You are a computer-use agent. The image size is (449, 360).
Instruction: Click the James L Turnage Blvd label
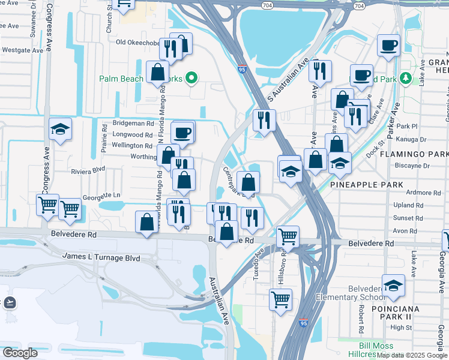point(101,257)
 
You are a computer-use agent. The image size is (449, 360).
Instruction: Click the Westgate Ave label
point(22,50)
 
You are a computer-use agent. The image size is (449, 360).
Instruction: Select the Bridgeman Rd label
point(133,122)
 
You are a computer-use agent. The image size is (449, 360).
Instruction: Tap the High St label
point(400,328)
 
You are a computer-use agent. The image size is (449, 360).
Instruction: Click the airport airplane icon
point(9,302)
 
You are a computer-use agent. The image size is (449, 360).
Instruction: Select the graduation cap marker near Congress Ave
point(60,129)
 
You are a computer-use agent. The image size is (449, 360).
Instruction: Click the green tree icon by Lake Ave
point(406,79)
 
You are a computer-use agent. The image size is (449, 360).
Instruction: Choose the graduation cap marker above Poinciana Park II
point(393,284)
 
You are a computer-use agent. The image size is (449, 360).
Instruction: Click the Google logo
point(19,353)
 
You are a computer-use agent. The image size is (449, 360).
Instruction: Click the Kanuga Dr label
point(412,139)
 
